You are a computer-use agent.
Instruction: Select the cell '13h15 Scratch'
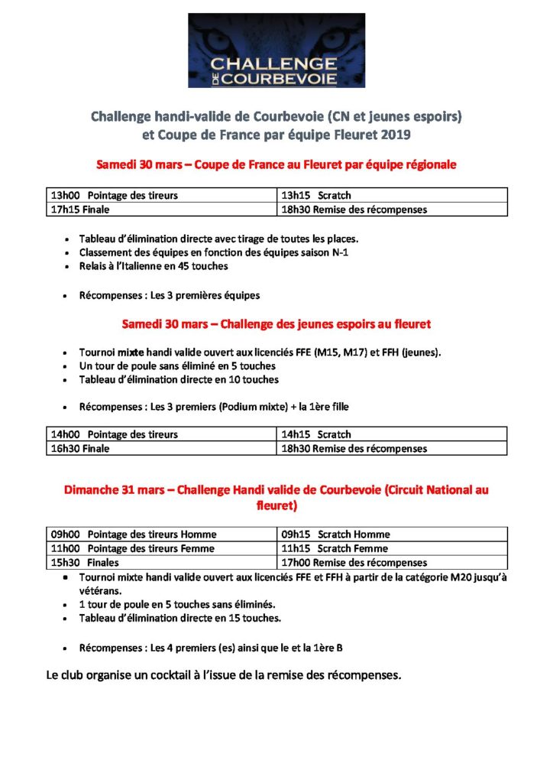coord(391,196)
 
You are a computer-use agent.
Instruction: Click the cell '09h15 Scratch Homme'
coord(391,534)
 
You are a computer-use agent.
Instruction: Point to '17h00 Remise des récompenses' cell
coord(391,562)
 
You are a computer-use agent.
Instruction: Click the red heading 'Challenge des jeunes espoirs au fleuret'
coord(276,324)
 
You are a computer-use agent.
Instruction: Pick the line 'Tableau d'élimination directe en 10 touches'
coord(179,379)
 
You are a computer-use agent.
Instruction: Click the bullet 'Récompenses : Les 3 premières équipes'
coord(169,295)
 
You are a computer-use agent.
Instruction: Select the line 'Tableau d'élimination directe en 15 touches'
coord(180,618)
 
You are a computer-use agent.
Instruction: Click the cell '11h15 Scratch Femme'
coord(391,548)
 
